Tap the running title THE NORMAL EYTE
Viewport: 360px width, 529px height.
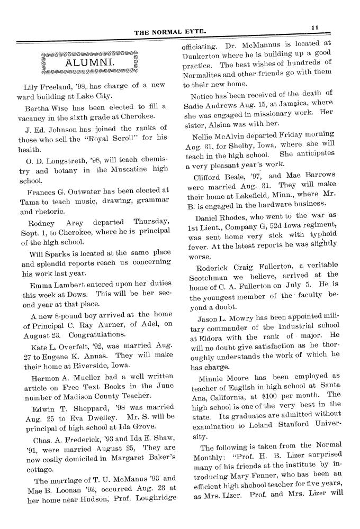pyautogui.click(x=169, y=32)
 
